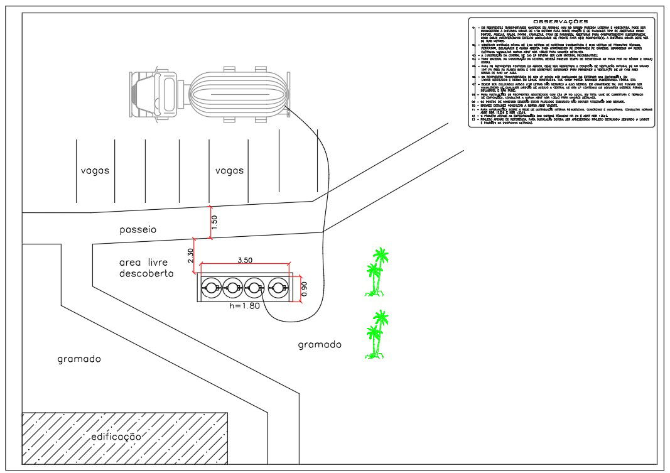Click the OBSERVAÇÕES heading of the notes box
click(x=561, y=22)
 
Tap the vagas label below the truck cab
click(x=95, y=171)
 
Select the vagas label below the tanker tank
click(x=229, y=171)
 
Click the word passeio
click(x=138, y=230)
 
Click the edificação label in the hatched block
click(x=117, y=437)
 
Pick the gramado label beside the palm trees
click(x=320, y=344)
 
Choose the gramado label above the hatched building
click(x=79, y=359)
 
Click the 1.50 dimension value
click(x=215, y=222)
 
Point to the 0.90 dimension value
click(x=305, y=288)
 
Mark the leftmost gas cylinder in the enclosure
click(x=212, y=288)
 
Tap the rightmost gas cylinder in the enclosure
click(x=279, y=288)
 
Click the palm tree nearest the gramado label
click(x=377, y=334)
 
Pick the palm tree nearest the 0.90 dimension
click(x=377, y=272)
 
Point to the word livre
click(x=161, y=261)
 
